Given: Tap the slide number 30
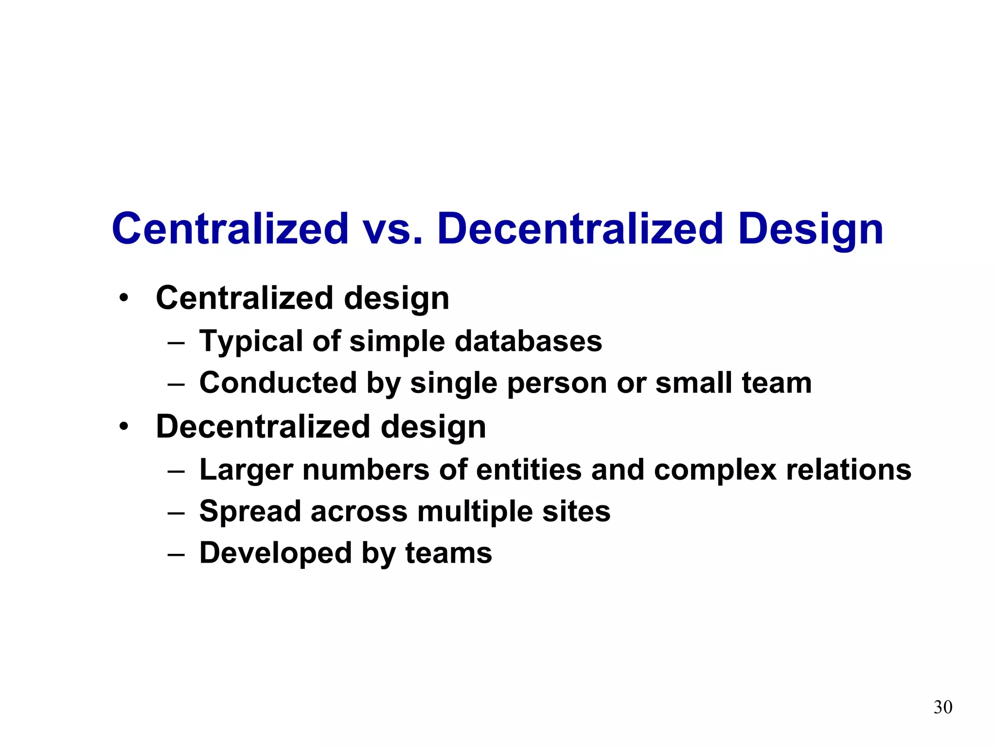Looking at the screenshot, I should [x=943, y=707].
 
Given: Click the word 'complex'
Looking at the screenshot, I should [x=715, y=471].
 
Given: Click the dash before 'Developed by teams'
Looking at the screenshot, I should [x=176, y=554].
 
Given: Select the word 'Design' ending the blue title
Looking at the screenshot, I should [x=810, y=230].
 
